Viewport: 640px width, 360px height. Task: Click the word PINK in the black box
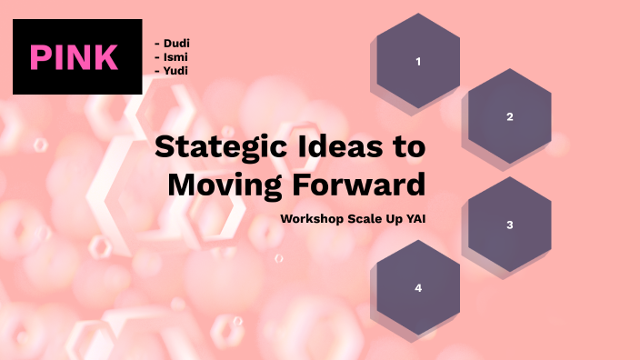coord(75,57)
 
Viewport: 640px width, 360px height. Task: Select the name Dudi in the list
coord(176,43)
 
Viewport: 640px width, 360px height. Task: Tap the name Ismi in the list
coord(176,56)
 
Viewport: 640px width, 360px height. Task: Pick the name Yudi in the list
coord(176,70)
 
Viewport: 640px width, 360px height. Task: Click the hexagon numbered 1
coord(418,62)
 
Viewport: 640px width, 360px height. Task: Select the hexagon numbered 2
coord(509,116)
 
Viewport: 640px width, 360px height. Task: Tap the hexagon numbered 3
coord(509,225)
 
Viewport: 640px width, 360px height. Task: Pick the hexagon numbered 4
coord(418,287)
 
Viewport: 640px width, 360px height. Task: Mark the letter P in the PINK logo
coord(41,57)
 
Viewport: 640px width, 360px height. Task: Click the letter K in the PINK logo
coord(106,57)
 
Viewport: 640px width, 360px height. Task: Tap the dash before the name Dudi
coord(157,43)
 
